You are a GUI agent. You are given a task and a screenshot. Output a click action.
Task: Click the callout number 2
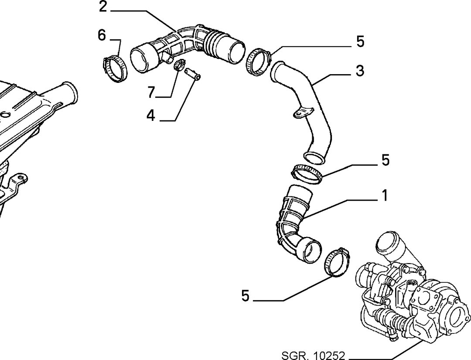103,7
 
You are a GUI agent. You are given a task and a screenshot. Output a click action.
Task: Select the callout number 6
102,35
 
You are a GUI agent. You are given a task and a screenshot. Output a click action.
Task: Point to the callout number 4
151,115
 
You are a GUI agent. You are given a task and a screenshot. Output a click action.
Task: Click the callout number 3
360,71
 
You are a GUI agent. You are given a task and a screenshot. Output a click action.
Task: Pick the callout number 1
385,195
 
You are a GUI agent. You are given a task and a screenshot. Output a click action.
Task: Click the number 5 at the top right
360,41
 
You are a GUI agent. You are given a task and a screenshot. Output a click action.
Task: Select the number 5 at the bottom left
246,296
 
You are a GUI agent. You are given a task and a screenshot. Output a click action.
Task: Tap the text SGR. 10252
313,356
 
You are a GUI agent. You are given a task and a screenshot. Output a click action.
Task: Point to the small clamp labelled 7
179,65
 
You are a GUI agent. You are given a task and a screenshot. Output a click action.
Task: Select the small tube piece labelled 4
193,74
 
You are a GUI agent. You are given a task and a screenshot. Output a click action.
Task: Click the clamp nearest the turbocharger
336,262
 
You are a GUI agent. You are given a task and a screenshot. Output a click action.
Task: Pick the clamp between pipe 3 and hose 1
307,174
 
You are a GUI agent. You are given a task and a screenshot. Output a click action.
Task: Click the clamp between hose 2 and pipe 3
258,62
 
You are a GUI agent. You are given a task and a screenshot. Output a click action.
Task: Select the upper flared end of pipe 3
278,71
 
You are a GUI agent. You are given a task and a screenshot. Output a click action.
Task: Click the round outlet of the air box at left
71,91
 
